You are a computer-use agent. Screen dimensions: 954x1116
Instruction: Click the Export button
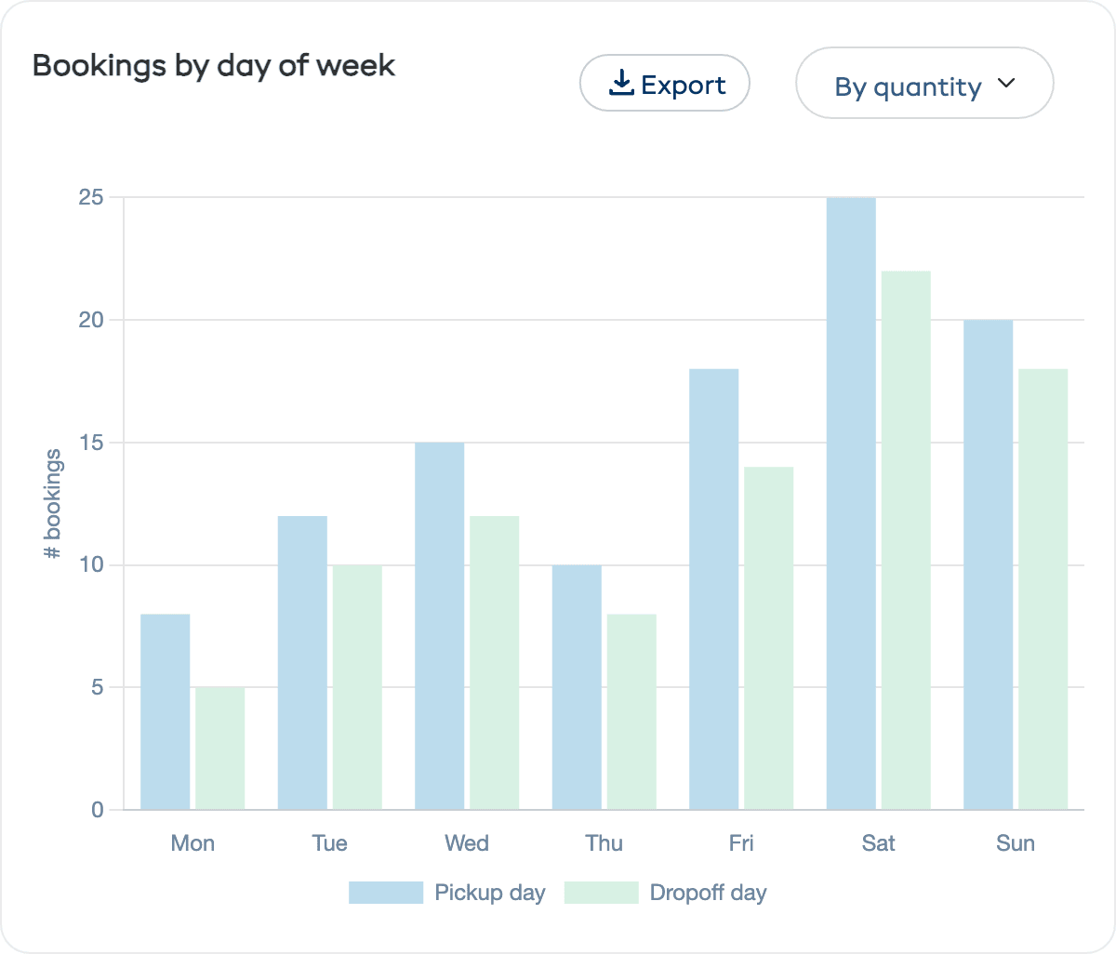tap(665, 84)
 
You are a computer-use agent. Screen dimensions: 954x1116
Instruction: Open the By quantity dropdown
tap(924, 84)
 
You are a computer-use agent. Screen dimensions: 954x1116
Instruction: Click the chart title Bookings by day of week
tap(214, 66)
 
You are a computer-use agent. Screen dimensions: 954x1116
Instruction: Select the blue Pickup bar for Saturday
tap(851, 503)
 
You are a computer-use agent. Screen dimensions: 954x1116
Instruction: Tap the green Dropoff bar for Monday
tap(220, 749)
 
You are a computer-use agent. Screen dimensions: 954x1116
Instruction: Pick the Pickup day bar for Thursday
tap(577, 687)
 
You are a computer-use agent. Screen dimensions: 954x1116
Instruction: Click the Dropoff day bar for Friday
tap(769, 638)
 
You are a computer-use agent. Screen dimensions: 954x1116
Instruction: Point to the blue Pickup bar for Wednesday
tap(439, 626)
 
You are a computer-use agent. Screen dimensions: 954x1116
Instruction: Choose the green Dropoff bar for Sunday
tap(1043, 590)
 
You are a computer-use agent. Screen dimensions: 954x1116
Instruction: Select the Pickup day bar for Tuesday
tap(302, 663)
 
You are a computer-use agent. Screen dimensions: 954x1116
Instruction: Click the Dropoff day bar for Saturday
tap(906, 540)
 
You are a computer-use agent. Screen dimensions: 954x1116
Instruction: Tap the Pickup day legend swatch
tap(386, 893)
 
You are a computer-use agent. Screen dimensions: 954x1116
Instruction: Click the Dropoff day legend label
tap(708, 893)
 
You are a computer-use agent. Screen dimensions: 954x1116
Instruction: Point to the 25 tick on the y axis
tap(91, 197)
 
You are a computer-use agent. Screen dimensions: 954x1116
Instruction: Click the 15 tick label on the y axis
tap(91, 443)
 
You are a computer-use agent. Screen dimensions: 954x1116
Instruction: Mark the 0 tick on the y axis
tap(98, 810)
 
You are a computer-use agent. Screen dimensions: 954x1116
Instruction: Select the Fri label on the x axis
tap(741, 843)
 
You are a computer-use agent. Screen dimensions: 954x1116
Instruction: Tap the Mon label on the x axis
tap(193, 843)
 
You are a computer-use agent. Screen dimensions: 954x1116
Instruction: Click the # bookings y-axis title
tap(53, 504)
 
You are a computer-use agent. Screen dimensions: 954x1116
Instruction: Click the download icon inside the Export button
tap(621, 84)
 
